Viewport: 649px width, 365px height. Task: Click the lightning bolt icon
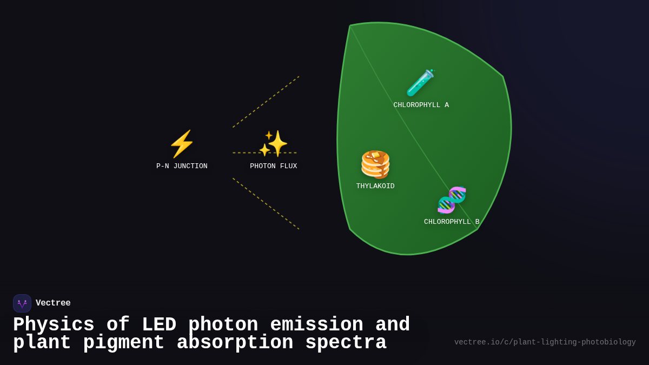click(182, 144)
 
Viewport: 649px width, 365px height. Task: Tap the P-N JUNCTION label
click(182, 167)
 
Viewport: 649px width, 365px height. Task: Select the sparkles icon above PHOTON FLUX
click(274, 143)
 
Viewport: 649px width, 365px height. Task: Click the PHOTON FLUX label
click(274, 167)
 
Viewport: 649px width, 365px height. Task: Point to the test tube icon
click(420, 83)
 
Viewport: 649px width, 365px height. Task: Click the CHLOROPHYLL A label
click(421, 105)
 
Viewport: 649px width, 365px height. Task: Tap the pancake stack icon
click(375, 164)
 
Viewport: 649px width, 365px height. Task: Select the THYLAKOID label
click(375, 187)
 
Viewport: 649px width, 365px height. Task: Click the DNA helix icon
click(452, 200)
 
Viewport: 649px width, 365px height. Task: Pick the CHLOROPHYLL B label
click(452, 222)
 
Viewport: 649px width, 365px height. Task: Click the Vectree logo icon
click(22, 303)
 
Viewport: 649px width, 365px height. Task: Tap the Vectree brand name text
click(53, 303)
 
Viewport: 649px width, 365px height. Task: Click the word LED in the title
click(159, 325)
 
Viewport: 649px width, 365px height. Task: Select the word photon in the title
click(223, 325)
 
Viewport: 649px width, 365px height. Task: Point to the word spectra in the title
click(346, 343)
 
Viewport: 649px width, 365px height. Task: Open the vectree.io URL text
click(545, 342)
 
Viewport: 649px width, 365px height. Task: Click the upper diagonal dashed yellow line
click(266, 102)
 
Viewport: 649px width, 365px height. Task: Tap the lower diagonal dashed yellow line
click(266, 203)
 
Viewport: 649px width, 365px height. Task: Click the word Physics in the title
click(54, 325)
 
